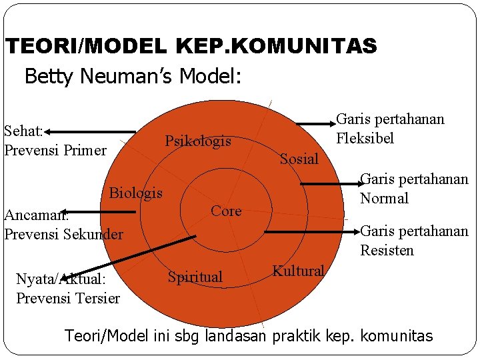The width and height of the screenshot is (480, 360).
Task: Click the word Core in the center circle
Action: [x=225, y=211]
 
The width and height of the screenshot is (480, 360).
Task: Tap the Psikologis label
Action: [x=198, y=141]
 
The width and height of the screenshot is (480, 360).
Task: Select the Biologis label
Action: [x=136, y=193]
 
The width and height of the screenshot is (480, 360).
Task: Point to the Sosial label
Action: [x=299, y=159]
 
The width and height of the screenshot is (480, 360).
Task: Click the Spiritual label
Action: [x=195, y=277]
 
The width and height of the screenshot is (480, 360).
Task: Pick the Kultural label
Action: [x=298, y=271]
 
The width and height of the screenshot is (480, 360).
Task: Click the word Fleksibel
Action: [x=365, y=139]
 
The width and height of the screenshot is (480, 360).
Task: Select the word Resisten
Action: [x=387, y=251]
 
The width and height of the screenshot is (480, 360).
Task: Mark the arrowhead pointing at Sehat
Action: [x=35, y=131]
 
